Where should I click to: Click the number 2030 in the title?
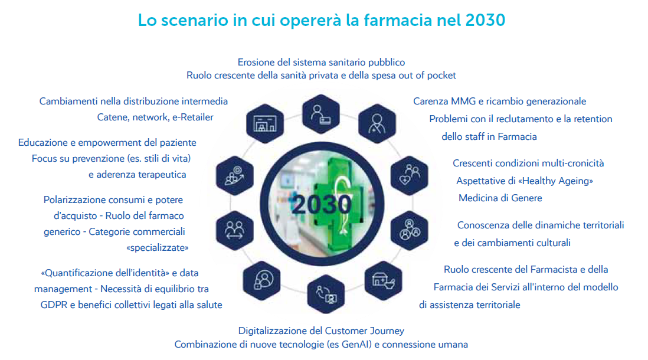click(485, 20)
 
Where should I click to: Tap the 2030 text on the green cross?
click(322, 204)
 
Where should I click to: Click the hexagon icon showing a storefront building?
click(265, 123)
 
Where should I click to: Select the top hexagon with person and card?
click(320, 114)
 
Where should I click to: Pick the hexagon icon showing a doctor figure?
click(377, 123)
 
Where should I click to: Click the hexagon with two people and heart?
click(410, 176)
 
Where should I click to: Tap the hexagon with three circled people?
click(409, 231)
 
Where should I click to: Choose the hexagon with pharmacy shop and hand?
click(383, 281)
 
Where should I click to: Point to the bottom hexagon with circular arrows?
click(326, 294)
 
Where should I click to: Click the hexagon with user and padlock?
click(261, 281)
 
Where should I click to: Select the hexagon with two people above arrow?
click(235, 231)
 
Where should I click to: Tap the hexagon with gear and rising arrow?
click(235, 176)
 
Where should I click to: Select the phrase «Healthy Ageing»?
click(555, 181)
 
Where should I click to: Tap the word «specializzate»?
click(158, 248)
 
